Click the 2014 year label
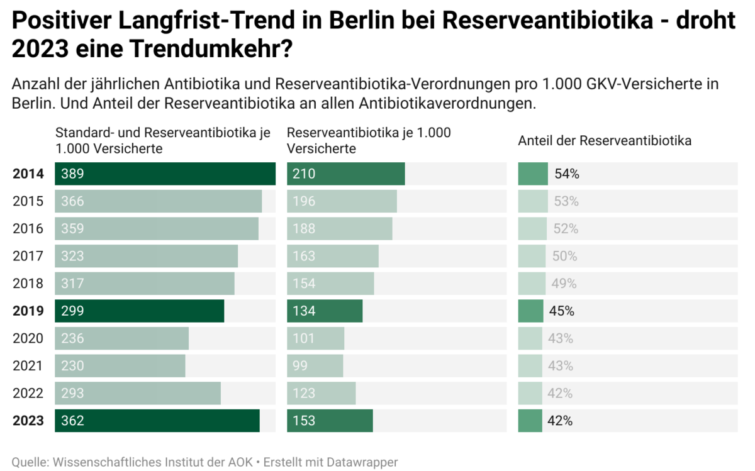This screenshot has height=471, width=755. point(28,174)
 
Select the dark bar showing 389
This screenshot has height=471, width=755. point(165,174)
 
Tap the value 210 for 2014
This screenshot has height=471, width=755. point(304,174)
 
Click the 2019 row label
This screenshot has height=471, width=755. point(28,311)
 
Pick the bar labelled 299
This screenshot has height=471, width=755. point(139,311)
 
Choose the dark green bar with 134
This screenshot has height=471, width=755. point(325,311)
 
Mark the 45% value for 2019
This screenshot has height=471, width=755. point(561,311)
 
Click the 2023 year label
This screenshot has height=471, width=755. point(28,421)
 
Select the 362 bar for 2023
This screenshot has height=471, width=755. point(157,421)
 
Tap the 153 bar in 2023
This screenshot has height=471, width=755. point(330,421)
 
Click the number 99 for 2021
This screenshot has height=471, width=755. point(300,366)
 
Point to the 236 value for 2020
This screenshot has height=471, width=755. point(72,338)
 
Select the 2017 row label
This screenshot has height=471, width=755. point(28,256)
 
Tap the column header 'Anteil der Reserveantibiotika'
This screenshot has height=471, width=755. point(604,141)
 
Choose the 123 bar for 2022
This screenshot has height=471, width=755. point(322,394)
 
